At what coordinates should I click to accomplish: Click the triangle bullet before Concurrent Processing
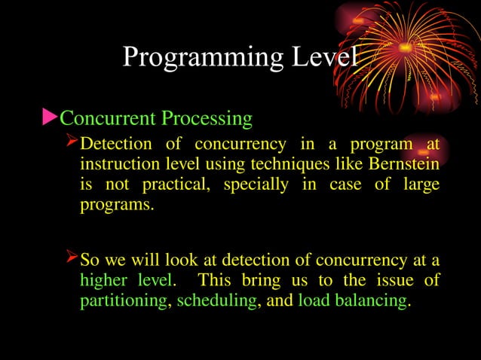tap(49, 117)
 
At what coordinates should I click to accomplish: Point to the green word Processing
tap(207, 119)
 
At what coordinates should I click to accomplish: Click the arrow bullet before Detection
tap(72, 142)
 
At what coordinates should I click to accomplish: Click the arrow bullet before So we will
tap(72, 260)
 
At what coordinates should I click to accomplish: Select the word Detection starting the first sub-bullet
tap(116, 144)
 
